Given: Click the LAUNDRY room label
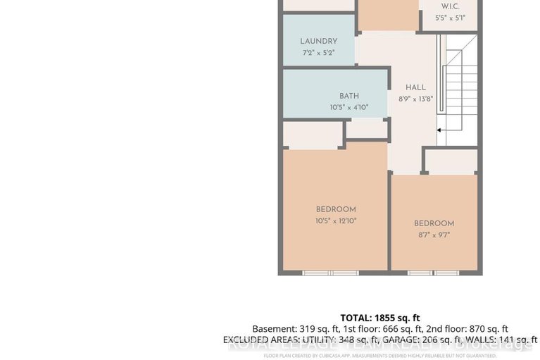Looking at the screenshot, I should point(318,42).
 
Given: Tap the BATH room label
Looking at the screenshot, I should point(349,97).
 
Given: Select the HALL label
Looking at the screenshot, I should point(415,88).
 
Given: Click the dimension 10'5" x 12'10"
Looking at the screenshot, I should point(336,221).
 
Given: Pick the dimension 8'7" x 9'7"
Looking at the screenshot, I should point(434,235).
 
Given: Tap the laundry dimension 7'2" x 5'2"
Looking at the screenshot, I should point(318,53).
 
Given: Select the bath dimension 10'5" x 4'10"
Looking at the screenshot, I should point(349,108).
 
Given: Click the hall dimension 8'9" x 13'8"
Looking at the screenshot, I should point(415,99).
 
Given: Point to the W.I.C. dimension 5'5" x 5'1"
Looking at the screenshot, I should point(451,18).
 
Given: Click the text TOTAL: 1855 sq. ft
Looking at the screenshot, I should point(380,318).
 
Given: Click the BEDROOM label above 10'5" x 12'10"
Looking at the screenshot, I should point(336,209).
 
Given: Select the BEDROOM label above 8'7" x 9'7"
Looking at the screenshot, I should point(434,224).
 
